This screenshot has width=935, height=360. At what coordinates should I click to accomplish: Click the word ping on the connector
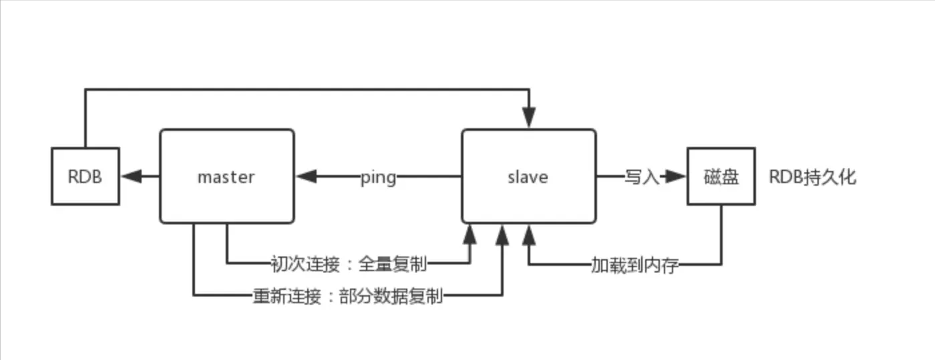pyautogui.click(x=378, y=178)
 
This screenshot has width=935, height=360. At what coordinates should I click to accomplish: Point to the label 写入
pyautogui.click(x=642, y=177)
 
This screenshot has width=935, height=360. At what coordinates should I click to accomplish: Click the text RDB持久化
pyautogui.click(x=812, y=177)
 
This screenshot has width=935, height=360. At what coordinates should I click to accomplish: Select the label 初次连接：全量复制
pyautogui.click(x=348, y=263)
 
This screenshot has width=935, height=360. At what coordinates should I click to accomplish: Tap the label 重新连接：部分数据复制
pyautogui.click(x=347, y=296)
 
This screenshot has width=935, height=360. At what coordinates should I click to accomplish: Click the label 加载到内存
pyautogui.click(x=634, y=265)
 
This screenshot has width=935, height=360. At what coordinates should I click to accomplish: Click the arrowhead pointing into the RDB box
pyautogui.click(x=131, y=176)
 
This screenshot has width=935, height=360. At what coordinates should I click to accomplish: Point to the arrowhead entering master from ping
pyautogui.click(x=307, y=176)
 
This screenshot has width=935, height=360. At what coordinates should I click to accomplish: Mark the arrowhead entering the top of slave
pyautogui.click(x=529, y=119)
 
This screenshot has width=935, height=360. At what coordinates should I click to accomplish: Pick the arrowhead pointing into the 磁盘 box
pyautogui.click(x=677, y=176)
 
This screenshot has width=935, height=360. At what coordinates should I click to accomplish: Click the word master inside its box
pyautogui.click(x=226, y=177)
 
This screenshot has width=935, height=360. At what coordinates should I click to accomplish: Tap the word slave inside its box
pyautogui.click(x=528, y=177)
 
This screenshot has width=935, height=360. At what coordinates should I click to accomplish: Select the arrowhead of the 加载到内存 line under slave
pyautogui.click(x=529, y=234)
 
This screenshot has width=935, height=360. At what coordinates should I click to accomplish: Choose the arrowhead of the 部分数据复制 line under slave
pyautogui.click(x=501, y=234)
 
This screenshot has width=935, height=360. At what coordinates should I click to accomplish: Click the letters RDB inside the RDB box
pyautogui.click(x=85, y=177)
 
